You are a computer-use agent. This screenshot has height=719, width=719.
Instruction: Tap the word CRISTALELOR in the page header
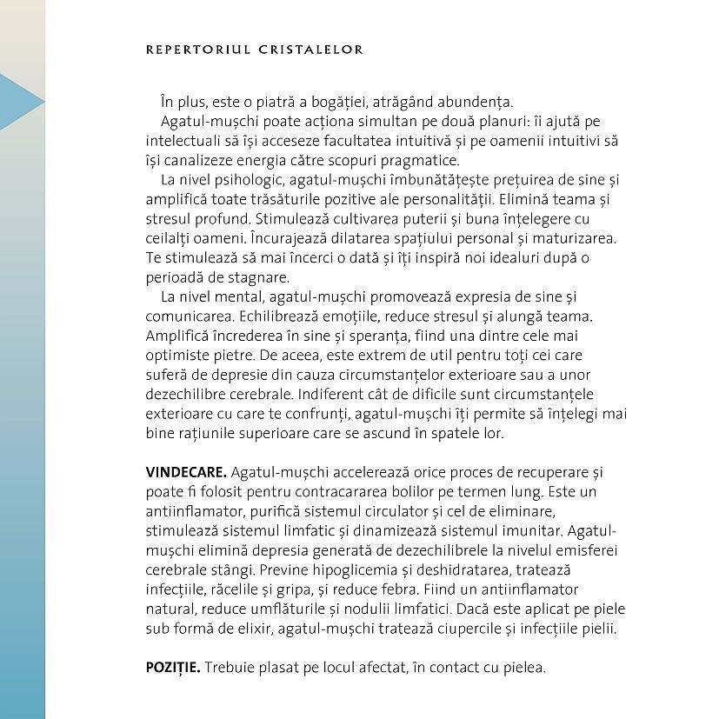point(311,50)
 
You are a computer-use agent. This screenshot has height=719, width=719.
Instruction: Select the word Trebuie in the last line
point(235,668)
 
